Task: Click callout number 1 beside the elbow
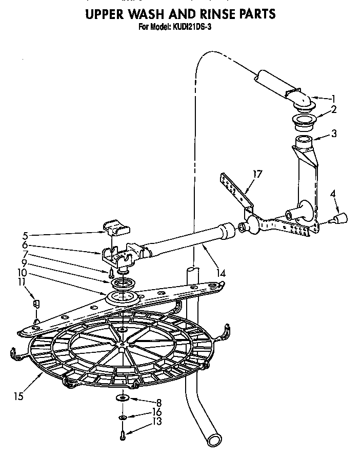[x=333, y=99]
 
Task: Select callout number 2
[x=333, y=109]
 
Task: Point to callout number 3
[x=333, y=134]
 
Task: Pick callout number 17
[x=257, y=174]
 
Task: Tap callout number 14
[x=220, y=273]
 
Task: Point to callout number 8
[x=159, y=403]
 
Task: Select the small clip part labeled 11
[x=35, y=302]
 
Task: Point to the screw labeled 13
[x=123, y=436]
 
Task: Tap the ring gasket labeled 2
[x=304, y=123]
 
